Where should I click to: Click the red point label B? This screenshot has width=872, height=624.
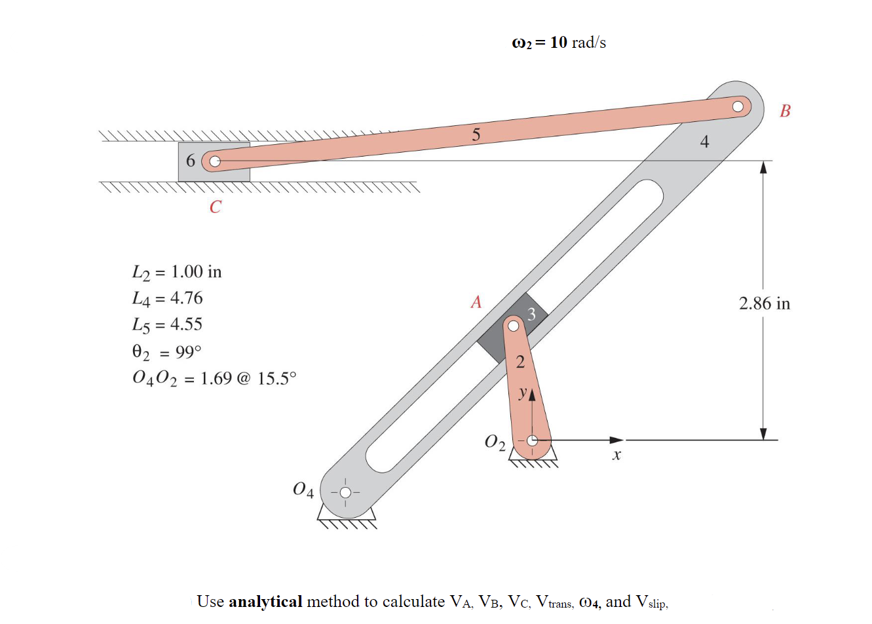click(x=785, y=111)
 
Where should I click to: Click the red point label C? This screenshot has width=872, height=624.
click(x=216, y=207)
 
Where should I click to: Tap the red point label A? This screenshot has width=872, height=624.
click(x=476, y=302)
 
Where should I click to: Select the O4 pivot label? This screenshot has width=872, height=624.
click(x=303, y=490)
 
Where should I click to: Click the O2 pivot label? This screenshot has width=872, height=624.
click(x=495, y=442)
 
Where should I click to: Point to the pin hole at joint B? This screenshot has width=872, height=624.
click(x=738, y=106)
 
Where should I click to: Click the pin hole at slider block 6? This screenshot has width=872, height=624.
click(x=214, y=161)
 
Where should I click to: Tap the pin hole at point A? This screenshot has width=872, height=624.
click(x=514, y=325)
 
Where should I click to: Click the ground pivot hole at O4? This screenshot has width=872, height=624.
click(x=345, y=492)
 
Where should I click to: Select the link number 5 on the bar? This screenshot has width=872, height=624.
click(x=476, y=135)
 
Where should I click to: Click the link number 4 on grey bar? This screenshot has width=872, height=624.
click(x=704, y=142)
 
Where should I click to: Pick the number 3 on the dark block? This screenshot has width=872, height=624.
click(x=531, y=315)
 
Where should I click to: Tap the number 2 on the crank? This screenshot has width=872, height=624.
click(x=520, y=362)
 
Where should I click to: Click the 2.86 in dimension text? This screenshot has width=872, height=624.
click(x=764, y=303)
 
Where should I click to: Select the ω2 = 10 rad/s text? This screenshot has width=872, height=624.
click(x=558, y=43)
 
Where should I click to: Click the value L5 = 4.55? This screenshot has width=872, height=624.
click(x=168, y=324)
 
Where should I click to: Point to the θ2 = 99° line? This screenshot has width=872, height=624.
click(x=167, y=352)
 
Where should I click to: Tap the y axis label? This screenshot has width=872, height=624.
click(x=522, y=393)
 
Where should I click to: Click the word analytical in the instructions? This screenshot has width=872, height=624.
click(x=265, y=602)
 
